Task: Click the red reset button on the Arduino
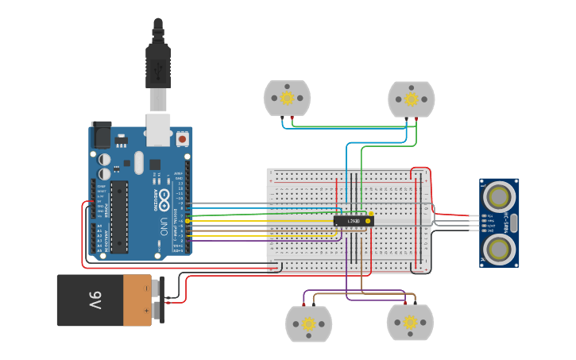pyautogui.click(x=182, y=139)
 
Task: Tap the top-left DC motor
pyautogui.click(x=287, y=98)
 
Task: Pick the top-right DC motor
pyautogui.click(x=411, y=99)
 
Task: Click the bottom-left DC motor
pyautogui.click(x=308, y=323)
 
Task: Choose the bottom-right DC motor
pyautogui.click(x=409, y=322)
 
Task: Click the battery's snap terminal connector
pyautogui.click(x=158, y=300)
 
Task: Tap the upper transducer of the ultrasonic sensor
pyautogui.click(x=500, y=194)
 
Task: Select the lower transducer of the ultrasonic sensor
pyautogui.click(x=500, y=248)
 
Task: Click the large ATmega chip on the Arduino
pyautogui.click(x=119, y=216)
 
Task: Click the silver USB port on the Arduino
pyautogui.click(x=158, y=129)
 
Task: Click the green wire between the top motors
pyautogui.click(x=350, y=126)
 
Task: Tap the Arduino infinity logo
pyautogui.click(x=164, y=196)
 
